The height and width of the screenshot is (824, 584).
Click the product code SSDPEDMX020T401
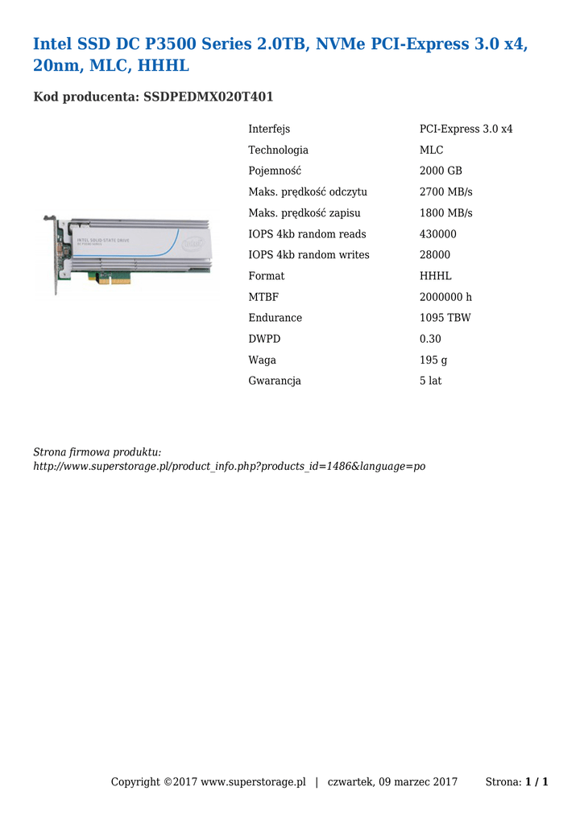click(x=208, y=97)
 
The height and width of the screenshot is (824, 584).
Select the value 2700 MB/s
click(x=446, y=192)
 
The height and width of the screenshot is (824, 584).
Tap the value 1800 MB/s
click(x=446, y=213)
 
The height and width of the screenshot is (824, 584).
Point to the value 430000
click(x=438, y=234)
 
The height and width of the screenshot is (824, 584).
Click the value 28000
click(x=435, y=255)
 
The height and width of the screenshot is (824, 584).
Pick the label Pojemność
click(x=275, y=171)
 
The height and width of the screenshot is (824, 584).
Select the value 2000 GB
click(x=441, y=171)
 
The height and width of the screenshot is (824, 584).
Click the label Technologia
click(x=278, y=150)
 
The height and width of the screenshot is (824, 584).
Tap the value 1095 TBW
click(x=445, y=318)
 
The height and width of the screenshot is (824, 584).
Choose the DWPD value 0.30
click(x=430, y=339)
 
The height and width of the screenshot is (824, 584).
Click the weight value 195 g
click(x=433, y=360)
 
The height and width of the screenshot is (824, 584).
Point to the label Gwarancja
click(x=275, y=381)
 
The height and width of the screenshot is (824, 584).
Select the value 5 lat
click(x=430, y=381)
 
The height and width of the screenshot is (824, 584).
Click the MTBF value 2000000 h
click(x=445, y=297)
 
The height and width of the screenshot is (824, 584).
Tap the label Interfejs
click(x=269, y=130)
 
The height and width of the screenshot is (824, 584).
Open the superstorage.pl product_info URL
click(x=229, y=467)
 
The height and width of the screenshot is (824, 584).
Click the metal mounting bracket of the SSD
click(x=55, y=253)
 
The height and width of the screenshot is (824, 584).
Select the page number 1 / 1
click(x=536, y=782)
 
